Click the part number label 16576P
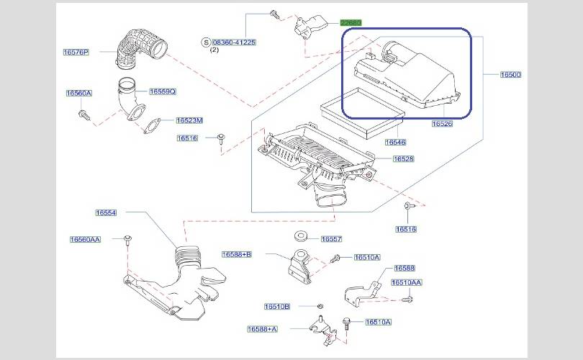[x=76, y=53]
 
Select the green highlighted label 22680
[x=351, y=23]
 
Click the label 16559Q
[x=163, y=91]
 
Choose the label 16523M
[x=190, y=120]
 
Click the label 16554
[x=106, y=212]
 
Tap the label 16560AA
[x=86, y=240]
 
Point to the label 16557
[x=331, y=239]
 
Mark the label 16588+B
[x=236, y=254]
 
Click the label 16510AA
[x=407, y=283]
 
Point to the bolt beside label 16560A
[x=81, y=113]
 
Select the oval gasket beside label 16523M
[x=150, y=127]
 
